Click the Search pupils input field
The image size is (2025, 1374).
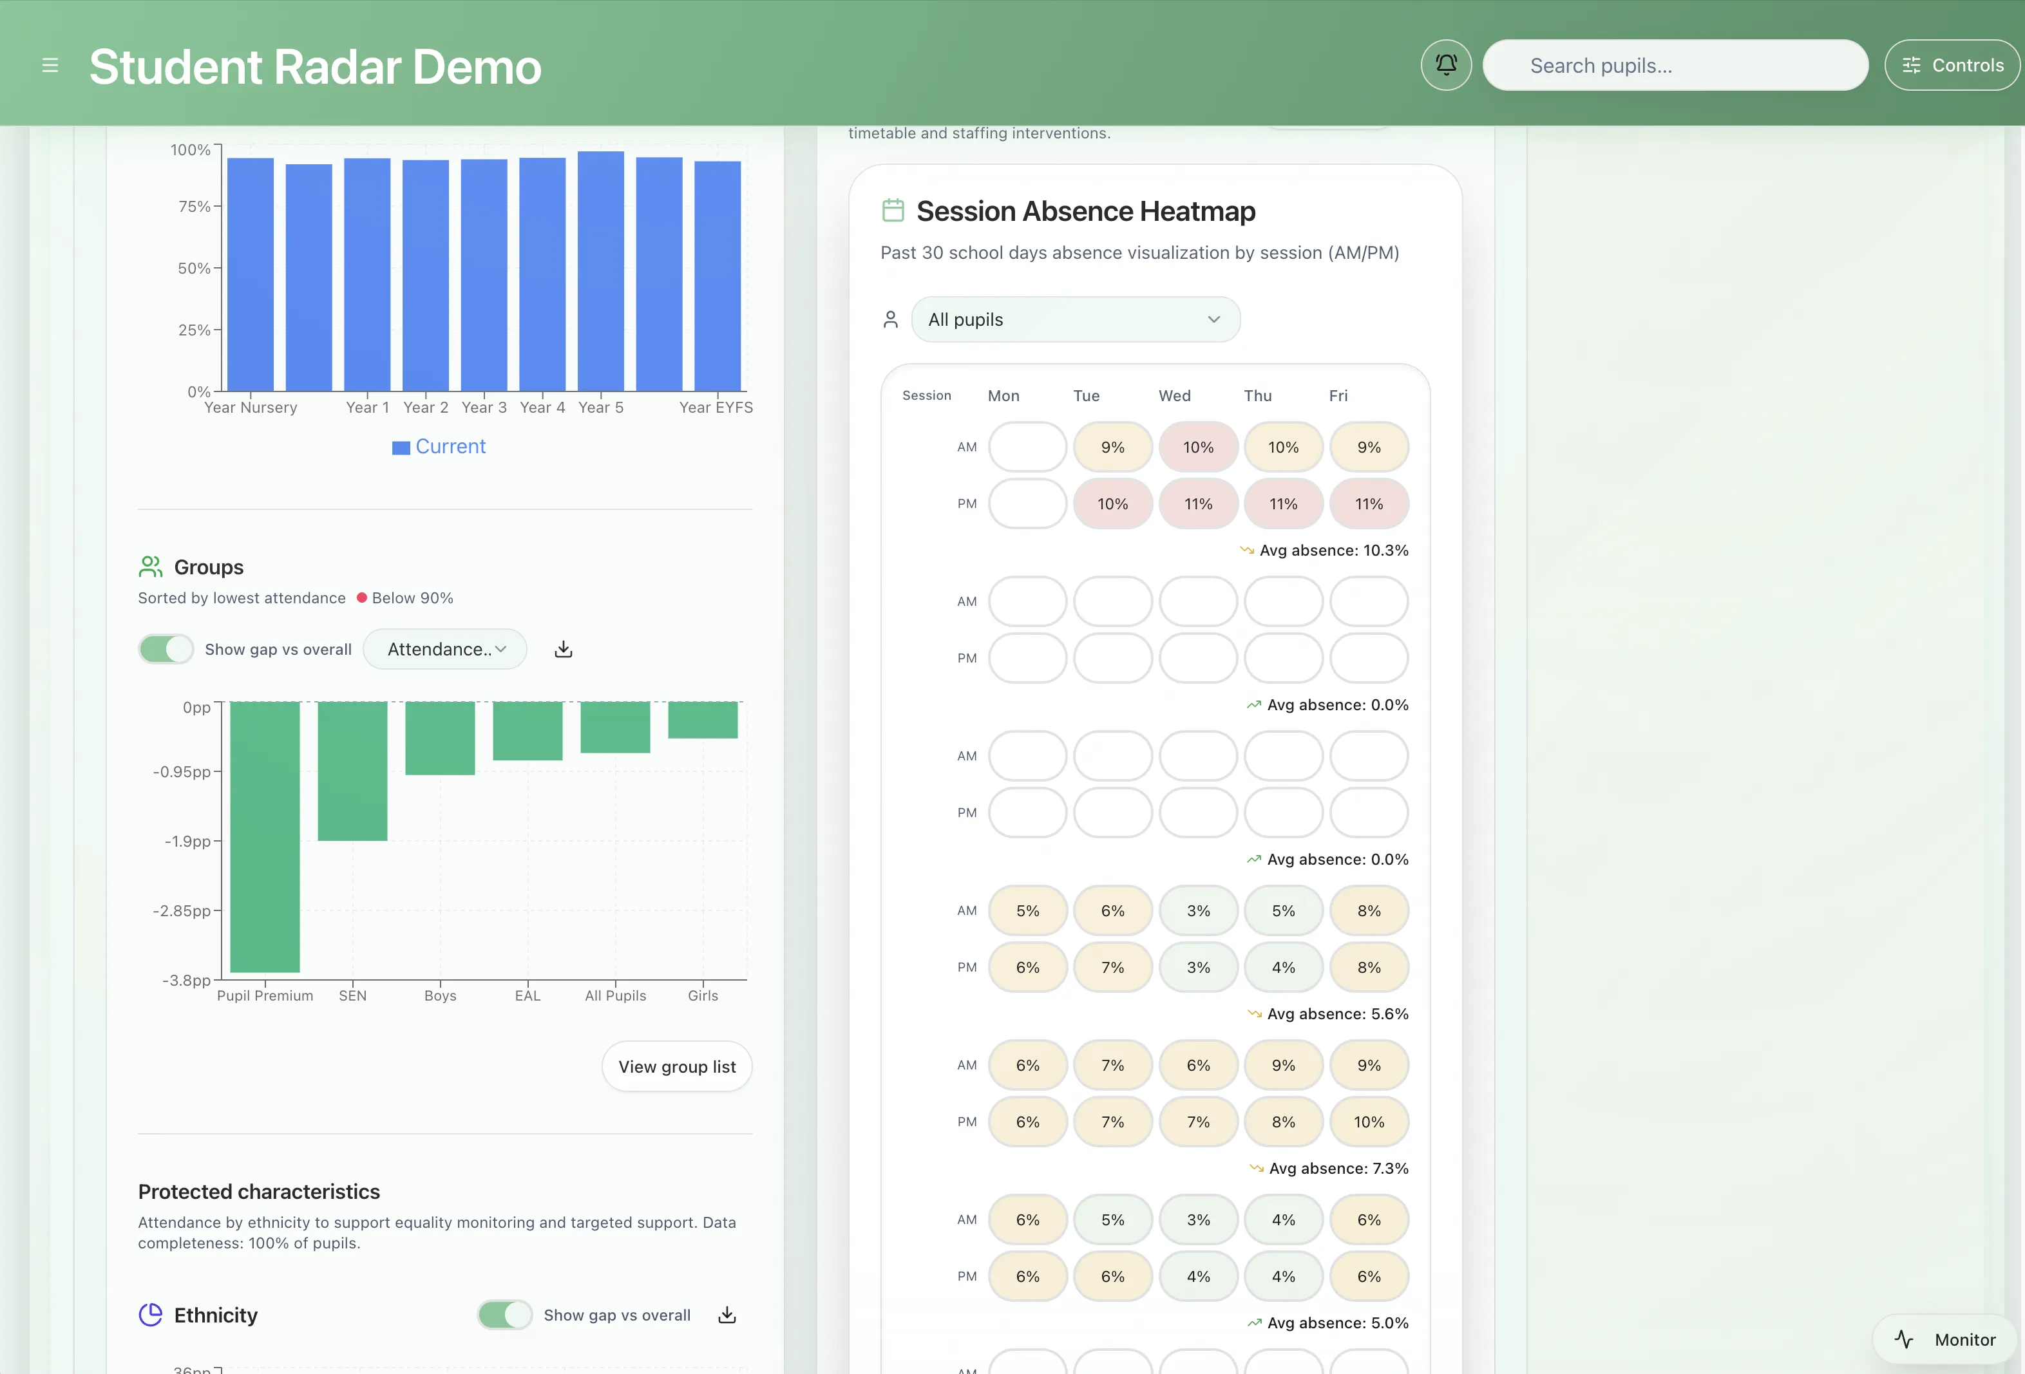1675,65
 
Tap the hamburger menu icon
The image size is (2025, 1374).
50,65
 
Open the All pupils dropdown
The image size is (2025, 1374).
1075,320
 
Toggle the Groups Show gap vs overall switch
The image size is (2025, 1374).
166,649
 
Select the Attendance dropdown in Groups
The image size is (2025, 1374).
445,649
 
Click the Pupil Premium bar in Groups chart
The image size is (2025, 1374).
265,836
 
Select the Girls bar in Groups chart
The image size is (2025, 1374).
702,720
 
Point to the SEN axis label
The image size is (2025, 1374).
352,995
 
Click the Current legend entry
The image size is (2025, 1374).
439,447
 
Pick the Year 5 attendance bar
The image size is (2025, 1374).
600,271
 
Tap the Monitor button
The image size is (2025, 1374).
1948,1339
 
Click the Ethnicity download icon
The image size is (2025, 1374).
727,1315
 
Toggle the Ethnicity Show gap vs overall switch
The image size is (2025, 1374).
504,1315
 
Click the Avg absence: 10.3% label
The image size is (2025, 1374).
1333,551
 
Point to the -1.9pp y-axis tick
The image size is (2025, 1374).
188,841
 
